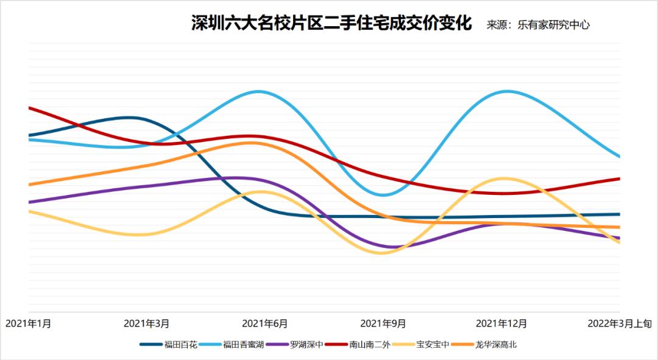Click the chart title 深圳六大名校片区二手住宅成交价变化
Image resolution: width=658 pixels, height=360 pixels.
[x=331, y=24]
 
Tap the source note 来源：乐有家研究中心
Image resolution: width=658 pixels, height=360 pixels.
[x=538, y=26]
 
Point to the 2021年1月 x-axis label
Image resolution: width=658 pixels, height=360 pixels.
[x=29, y=323]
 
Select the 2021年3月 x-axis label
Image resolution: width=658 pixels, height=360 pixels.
[x=146, y=323]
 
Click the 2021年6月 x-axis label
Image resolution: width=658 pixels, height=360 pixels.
[x=265, y=323]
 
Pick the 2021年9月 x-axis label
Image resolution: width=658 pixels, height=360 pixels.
[x=383, y=323]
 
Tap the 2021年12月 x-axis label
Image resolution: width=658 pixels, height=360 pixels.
[x=501, y=323]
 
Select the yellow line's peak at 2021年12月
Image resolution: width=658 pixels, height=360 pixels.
[x=503, y=178]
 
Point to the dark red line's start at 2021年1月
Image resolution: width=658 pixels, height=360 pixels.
[x=29, y=108]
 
